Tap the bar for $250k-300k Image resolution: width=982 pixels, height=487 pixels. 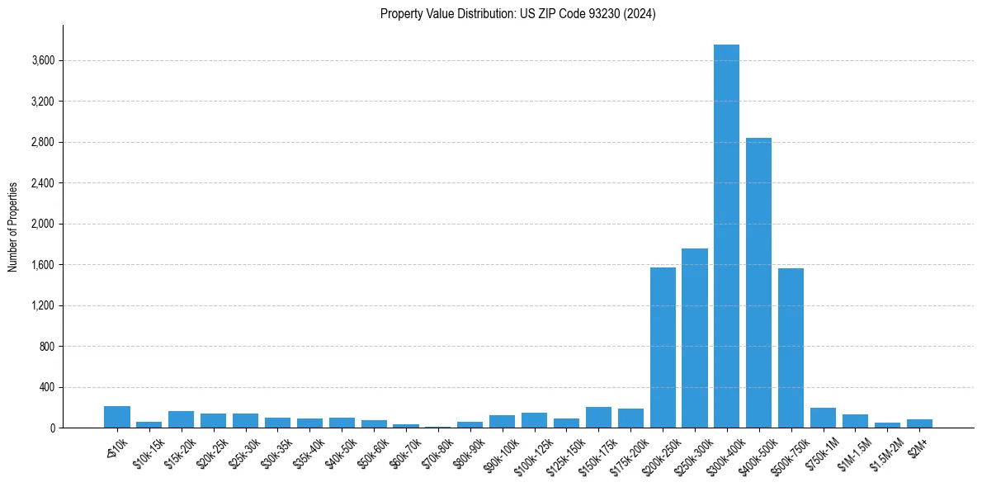click(x=694, y=338)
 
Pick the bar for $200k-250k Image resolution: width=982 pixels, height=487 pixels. click(x=663, y=348)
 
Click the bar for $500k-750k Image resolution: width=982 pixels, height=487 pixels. click(x=791, y=348)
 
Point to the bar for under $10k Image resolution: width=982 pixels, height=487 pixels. click(x=117, y=417)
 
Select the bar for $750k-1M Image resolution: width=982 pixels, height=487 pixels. click(x=823, y=418)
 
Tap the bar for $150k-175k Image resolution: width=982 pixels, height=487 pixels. click(x=598, y=418)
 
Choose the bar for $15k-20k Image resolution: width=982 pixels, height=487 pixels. click(x=181, y=419)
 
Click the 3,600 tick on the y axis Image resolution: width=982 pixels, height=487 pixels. click(x=43, y=60)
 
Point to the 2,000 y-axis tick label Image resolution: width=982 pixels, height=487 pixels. click(x=43, y=224)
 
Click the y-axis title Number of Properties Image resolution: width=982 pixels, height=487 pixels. click(x=12, y=226)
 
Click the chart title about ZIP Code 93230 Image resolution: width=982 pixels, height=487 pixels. click(x=517, y=13)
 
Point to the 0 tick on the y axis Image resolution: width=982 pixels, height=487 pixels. click(x=51, y=428)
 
